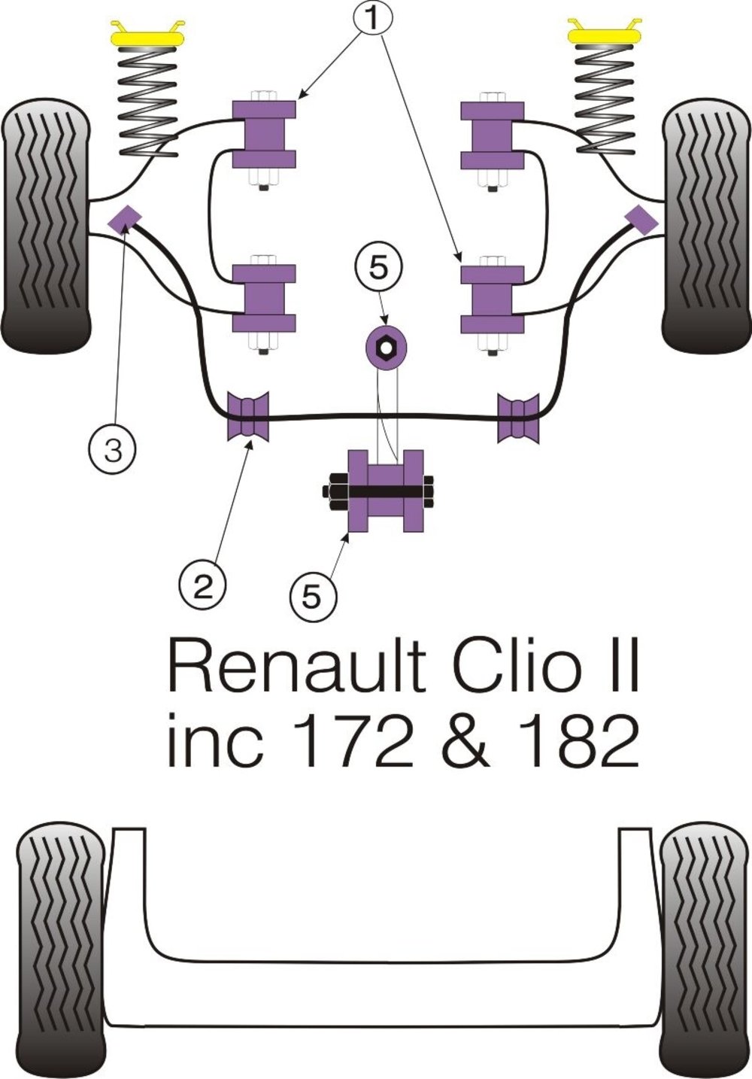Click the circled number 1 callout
click(x=372, y=17)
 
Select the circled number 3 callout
click(x=113, y=451)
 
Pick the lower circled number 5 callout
click(x=312, y=597)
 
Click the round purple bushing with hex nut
click(x=386, y=345)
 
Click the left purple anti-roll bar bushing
click(x=247, y=416)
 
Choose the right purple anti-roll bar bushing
click(x=518, y=417)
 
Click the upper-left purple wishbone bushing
click(x=264, y=134)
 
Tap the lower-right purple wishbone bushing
click(x=493, y=299)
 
